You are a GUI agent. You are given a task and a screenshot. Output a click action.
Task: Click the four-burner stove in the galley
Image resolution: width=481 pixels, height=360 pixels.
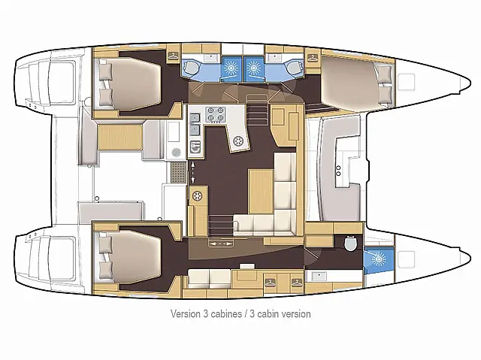click(216, 116)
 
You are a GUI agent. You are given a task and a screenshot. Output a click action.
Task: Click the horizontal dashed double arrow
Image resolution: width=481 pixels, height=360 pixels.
click(221, 244)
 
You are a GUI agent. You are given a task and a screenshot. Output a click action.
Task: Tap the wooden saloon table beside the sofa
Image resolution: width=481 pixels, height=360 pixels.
click(260, 189)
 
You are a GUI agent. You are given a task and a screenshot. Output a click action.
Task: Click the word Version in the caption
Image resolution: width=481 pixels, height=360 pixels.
click(185, 313)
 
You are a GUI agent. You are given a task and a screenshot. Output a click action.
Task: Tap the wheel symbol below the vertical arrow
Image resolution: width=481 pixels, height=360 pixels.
click(198, 197)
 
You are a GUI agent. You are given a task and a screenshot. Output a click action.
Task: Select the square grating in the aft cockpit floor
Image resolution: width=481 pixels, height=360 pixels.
click(176, 174)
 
